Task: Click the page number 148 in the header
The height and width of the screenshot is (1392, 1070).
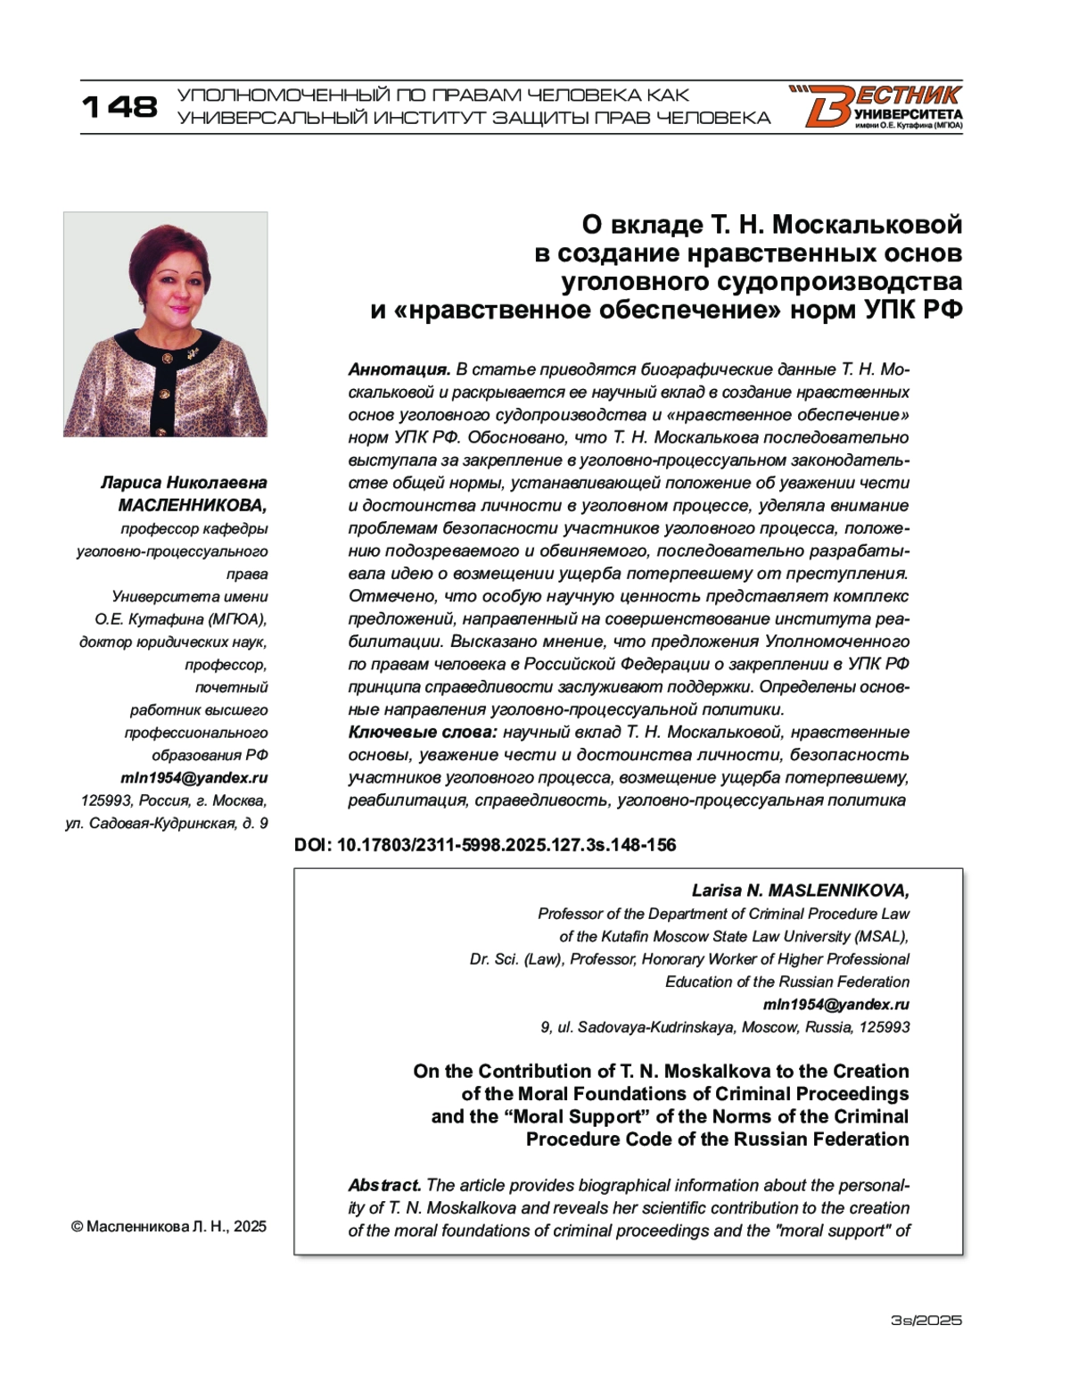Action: pos(119,107)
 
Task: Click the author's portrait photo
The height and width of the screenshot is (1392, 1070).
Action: pos(166,324)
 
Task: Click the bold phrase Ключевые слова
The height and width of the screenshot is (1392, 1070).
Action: pos(422,732)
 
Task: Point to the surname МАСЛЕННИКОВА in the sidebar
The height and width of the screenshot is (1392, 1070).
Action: pos(192,505)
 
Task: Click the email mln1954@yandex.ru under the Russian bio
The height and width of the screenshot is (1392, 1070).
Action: pos(194,777)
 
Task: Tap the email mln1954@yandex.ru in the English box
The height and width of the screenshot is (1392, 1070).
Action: pos(836,1004)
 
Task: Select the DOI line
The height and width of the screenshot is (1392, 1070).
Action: pos(485,844)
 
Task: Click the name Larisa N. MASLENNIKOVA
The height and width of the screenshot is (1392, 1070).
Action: pos(800,891)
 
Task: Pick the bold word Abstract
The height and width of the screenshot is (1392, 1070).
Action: pos(384,1185)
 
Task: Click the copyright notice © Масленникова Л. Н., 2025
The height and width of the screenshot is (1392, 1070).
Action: pos(169,1226)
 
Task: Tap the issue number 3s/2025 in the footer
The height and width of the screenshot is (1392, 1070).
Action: pos(926,1320)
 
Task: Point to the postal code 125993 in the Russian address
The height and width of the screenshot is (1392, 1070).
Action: pos(106,800)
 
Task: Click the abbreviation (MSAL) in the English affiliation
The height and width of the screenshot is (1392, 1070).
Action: pos(880,936)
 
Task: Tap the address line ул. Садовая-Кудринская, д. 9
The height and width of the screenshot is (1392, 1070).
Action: pos(167,823)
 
